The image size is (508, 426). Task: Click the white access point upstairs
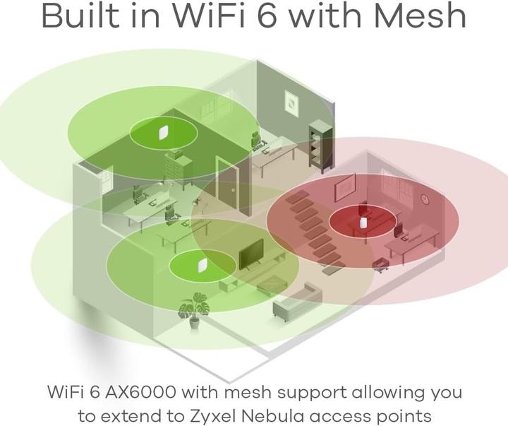click(x=162, y=132)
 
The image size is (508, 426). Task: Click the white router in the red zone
click(x=363, y=223)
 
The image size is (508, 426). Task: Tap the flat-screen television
click(x=251, y=255)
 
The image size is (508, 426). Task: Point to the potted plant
click(x=194, y=310)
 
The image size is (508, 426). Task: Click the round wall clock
click(x=425, y=199)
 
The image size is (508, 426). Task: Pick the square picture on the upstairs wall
click(x=291, y=102)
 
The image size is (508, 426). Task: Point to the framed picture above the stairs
click(x=345, y=187)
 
